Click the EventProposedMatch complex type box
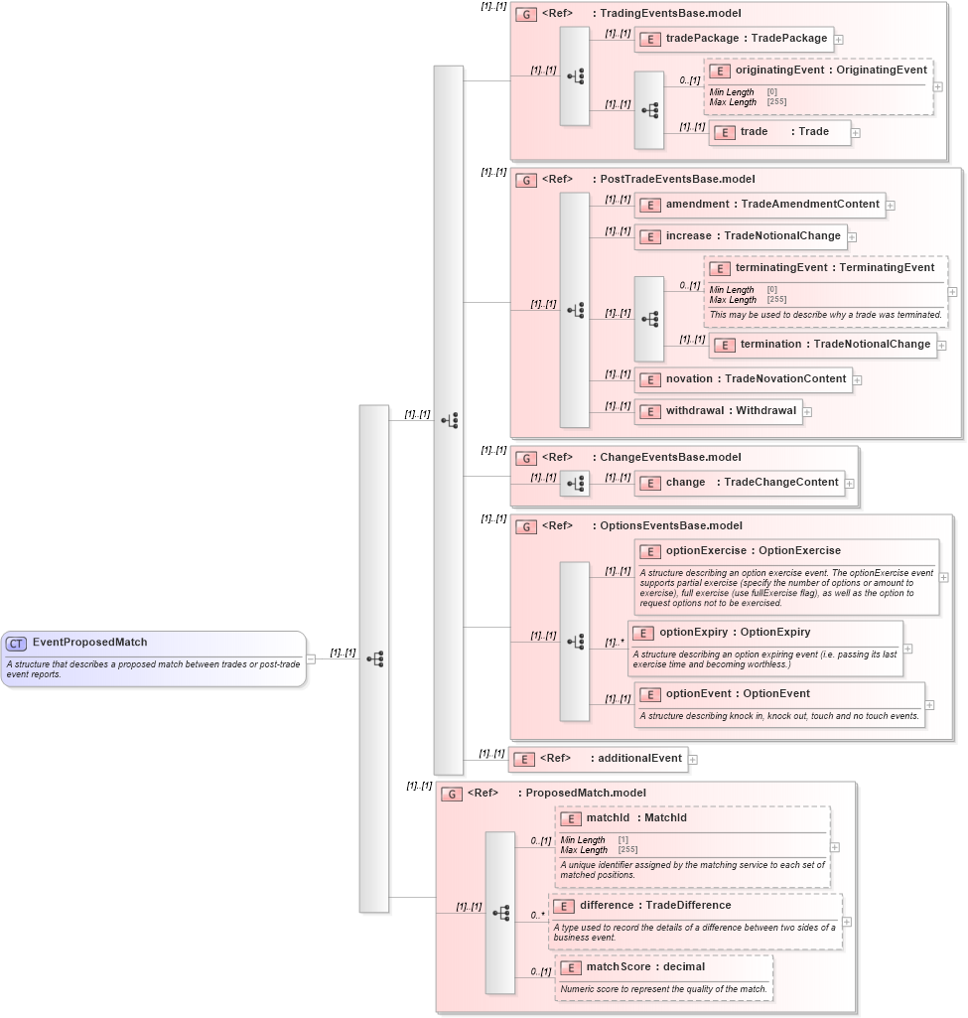pyautogui.click(x=153, y=657)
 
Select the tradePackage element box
pyautogui.click(x=735, y=39)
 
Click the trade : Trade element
pyautogui.click(x=780, y=132)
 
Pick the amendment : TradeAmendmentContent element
pyautogui.click(x=760, y=205)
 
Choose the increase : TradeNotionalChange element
pyautogui.click(x=741, y=236)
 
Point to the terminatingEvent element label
pyautogui.click(x=834, y=268)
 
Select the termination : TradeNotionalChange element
pyautogui.click(x=823, y=345)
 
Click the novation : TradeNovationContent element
pyautogui.click(x=744, y=379)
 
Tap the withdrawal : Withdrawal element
pyautogui.click(x=719, y=411)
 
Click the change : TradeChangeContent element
pyautogui.click(x=740, y=483)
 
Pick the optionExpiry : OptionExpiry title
pyautogui.click(x=735, y=633)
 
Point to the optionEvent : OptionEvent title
pyautogui.click(x=738, y=694)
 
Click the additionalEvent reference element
pyautogui.click(x=598, y=759)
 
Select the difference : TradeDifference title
pyautogui.click(x=654, y=906)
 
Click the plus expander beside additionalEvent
pyautogui.click(x=693, y=759)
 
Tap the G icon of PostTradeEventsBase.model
pyautogui.click(x=527, y=180)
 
